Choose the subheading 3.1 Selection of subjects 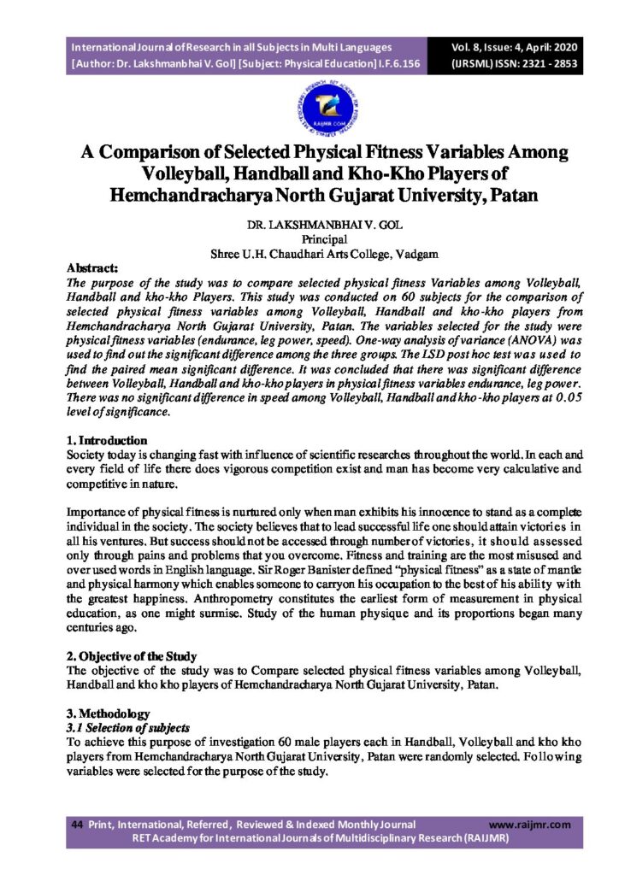127,727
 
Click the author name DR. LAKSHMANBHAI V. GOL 309,226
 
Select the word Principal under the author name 309,240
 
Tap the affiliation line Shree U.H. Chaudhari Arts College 309,254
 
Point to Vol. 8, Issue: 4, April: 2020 516,47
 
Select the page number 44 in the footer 77,825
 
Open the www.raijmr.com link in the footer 529,825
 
